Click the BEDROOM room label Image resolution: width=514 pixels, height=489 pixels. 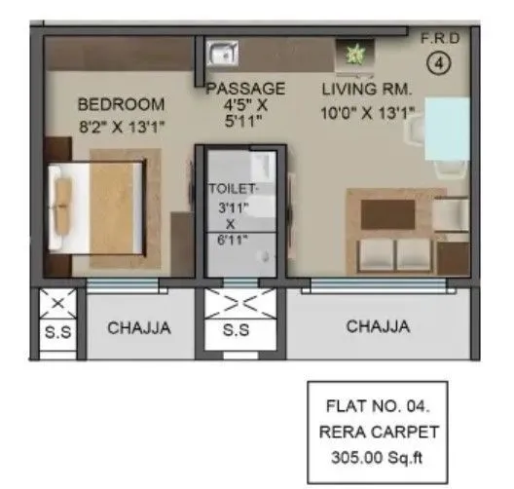(x=121, y=104)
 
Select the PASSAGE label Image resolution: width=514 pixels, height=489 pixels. (x=245, y=89)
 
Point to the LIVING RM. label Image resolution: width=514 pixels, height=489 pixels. (x=368, y=90)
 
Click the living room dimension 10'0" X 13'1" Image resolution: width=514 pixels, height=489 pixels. (x=368, y=113)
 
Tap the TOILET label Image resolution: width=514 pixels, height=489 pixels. (x=235, y=187)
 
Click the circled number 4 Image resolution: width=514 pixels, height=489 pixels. (x=440, y=67)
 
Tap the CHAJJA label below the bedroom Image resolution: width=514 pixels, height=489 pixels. (x=138, y=328)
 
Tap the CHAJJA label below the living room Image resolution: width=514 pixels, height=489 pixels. (x=378, y=327)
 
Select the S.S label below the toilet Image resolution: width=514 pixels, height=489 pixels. (x=237, y=329)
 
